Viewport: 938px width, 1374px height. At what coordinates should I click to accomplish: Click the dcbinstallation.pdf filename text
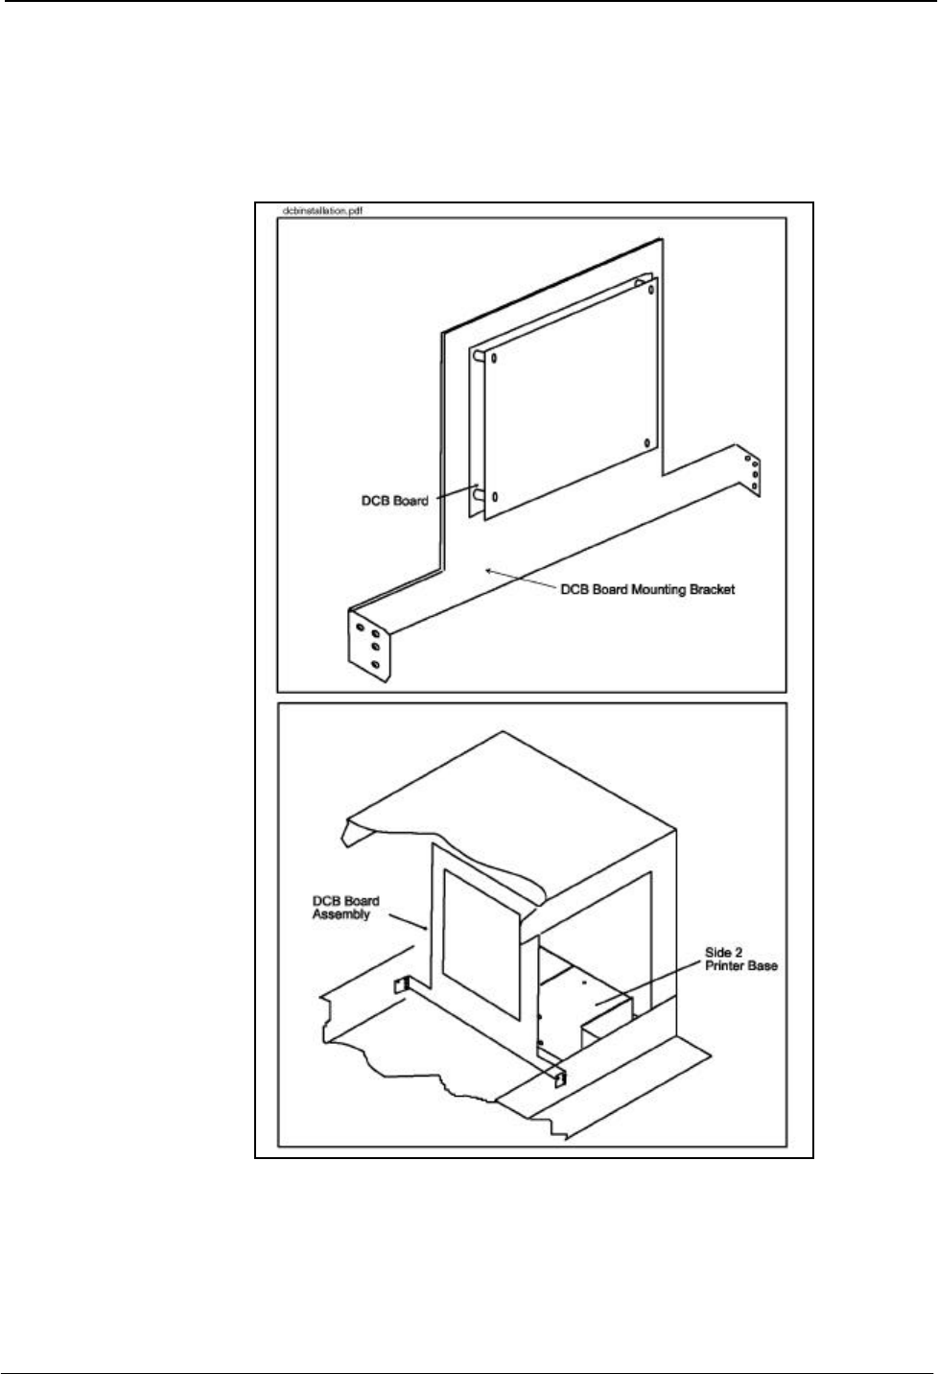pos(322,211)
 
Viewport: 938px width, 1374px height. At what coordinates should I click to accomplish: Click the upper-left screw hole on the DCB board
pos(494,359)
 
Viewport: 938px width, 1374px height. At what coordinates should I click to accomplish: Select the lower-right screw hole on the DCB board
pos(647,443)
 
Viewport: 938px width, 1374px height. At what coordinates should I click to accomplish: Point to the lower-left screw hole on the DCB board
pos(495,497)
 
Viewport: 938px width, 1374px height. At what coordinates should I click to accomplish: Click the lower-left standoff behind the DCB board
pos(477,495)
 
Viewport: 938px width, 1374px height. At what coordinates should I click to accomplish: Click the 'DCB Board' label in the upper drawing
pos(397,501)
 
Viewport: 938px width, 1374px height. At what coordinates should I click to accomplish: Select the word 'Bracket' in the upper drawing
pos(713,589)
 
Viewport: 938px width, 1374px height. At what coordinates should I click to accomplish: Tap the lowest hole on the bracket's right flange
pos(756,486)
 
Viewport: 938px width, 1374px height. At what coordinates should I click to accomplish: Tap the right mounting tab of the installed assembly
pos(559,1078)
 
